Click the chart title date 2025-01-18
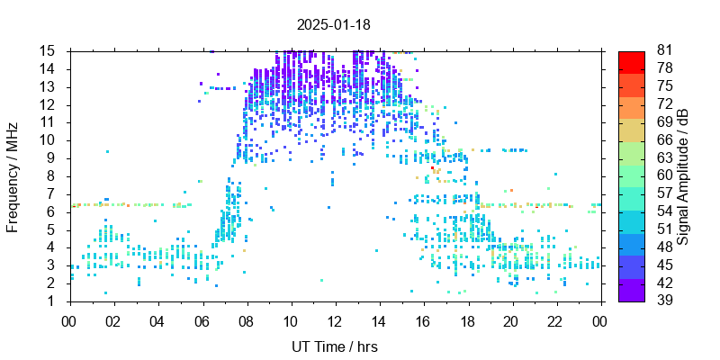point(334,24)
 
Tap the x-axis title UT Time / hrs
point(334,346)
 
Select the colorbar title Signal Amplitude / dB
point(684,176)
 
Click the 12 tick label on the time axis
point(335,319)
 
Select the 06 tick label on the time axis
point(202,319)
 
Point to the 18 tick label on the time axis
point(467,319)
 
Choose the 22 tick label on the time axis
point(555,319)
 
